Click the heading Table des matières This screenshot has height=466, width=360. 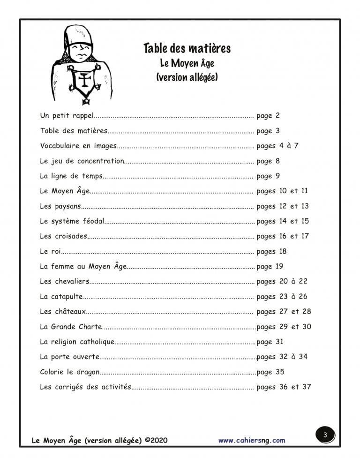[x=187, y=48]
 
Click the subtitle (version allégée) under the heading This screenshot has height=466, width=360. [x=187, y=77]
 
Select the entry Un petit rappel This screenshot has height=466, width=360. [x=67, y=116]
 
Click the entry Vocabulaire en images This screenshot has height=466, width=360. [x=78, y=146]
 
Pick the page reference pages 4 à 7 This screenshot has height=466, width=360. [x=277, y=146]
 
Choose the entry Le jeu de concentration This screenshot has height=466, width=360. [x=82, y=161]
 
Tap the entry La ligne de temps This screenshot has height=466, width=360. [x=70, y=176]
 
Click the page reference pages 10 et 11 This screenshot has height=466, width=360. [x=282, y=191]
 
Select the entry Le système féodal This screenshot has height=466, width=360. [x=72, y=221]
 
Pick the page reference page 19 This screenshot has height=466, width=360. [x=270, y=266]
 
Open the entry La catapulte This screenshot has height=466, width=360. [x=61, y=296]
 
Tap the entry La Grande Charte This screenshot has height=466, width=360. [x=70, y=327]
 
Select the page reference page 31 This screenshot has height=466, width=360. [x=270, y=342]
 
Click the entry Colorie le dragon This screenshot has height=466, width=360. [x=70, y=372]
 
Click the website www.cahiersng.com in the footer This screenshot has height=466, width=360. [x=251, y=440]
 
